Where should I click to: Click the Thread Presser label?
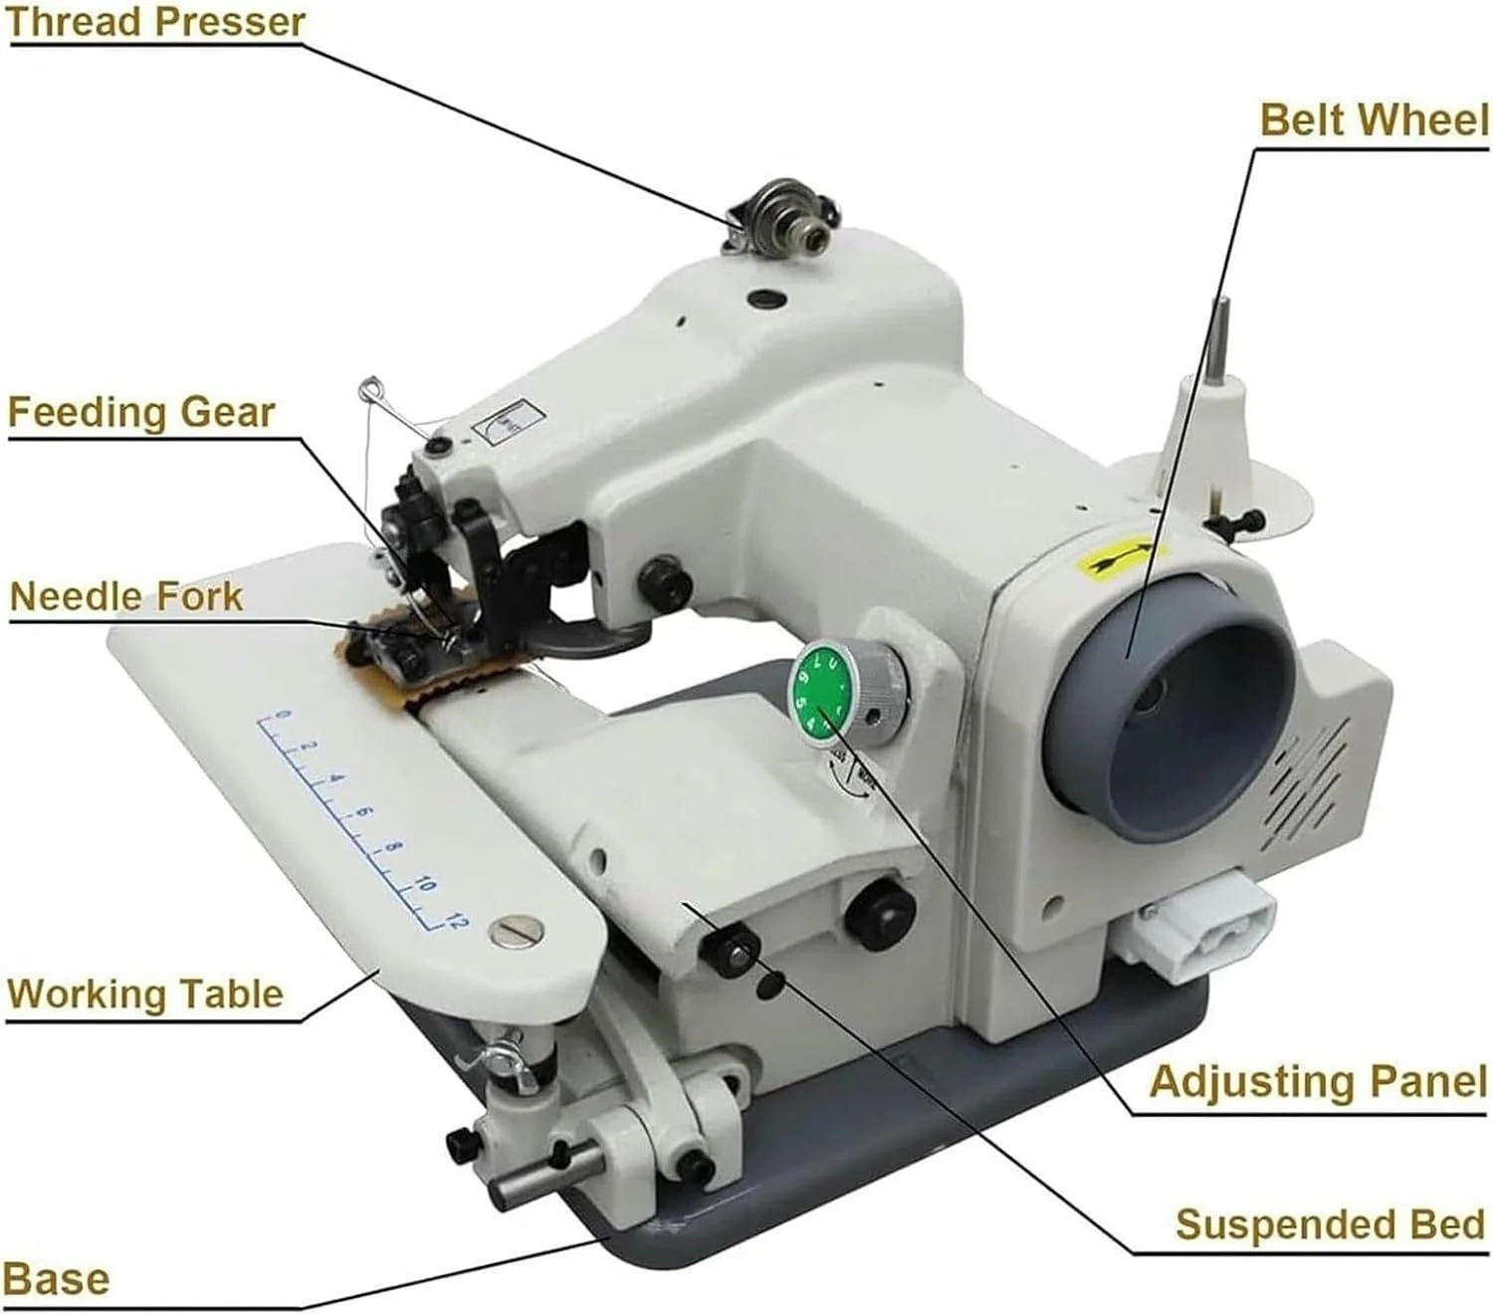tap(154, 22)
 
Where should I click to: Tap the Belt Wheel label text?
tap(1374, 119)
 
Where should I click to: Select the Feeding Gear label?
tap(141, 412)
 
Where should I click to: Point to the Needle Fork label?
tap(126, 596)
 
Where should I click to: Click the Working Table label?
tap(145, 994)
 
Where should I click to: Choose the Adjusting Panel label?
tap(1318, 1081)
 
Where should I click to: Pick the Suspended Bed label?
tap(1330, 1224)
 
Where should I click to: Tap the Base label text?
tap(56, 1279)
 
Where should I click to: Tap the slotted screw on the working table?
tap(517, 930)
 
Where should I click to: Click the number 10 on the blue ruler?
tap(426, 884)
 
